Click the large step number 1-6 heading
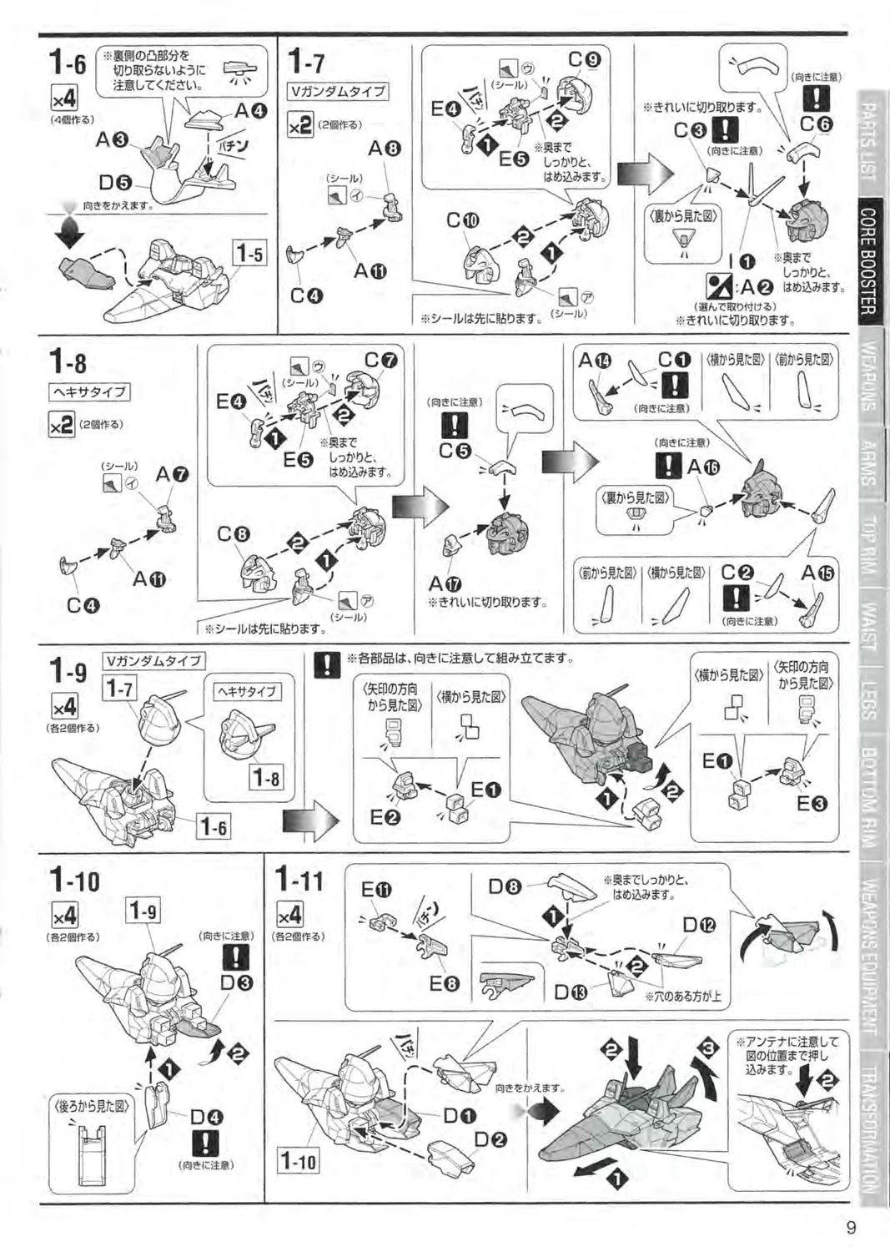click(68, 62)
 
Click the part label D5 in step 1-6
click(115, 182)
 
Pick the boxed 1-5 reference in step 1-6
click(249, 253)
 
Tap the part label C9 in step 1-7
click(583, 60)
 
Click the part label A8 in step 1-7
click(385, 149)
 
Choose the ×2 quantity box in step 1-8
click(62, 425)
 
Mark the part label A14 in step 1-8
click(595, 361)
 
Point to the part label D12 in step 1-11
click(699, 925)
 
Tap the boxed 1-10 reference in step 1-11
click(298, 1160)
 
